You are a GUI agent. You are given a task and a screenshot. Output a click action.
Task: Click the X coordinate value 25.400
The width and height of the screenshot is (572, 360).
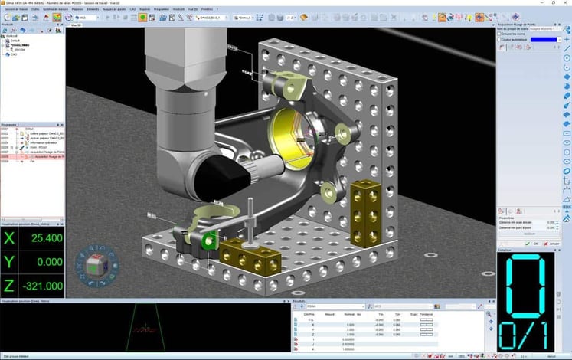click(44, 239)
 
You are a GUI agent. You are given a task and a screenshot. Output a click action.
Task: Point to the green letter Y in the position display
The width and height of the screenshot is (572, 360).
click(9, 262)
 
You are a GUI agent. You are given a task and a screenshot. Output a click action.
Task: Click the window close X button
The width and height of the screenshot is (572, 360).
click(566, 3)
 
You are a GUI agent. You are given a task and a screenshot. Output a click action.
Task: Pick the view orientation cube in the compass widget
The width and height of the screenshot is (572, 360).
click(91, 266)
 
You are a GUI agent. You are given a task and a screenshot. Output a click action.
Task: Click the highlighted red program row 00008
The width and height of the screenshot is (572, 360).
click(31, 155)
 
